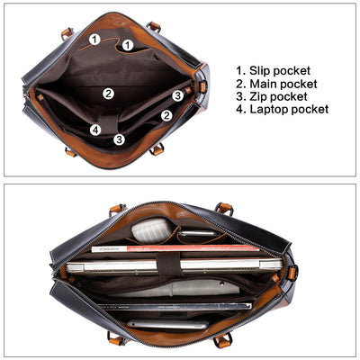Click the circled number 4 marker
click(x=95, y=130)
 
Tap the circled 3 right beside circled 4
click(x=120, y=139)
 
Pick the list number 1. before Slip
click(x=240, y=71)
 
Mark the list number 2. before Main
click(x=241, y=84)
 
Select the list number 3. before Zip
click(x=241, y=96)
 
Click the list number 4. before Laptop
click(x=241, y=109)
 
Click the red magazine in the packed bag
click(x=175, y=248)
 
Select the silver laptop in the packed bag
click(x=174, y=266)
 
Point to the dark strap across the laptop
click(x=168, y=264)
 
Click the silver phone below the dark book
click(x=167, y=325)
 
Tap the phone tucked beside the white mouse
click(x=197, y=234)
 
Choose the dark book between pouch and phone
click(x=175, y=306)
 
